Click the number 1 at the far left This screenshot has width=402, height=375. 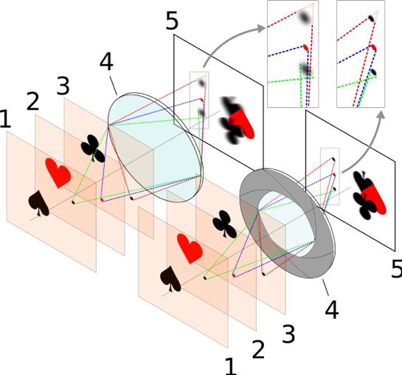coord(5,119)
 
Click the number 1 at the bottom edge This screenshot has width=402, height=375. coord(231,366)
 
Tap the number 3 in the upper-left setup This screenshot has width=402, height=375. coord(63,86)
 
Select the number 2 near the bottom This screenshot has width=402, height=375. coord(258,349)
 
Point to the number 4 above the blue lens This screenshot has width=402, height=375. coord(106,62)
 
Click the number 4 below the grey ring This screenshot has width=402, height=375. coord(332,309)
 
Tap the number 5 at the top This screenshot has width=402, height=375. coord(172,21)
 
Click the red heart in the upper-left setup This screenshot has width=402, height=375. coord(58,173)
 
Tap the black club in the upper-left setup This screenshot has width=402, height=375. coord(93,148)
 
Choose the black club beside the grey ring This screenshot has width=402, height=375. coord(224,224)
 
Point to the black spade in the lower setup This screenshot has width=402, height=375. coord(170,279)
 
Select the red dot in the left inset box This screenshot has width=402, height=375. coord(305,48)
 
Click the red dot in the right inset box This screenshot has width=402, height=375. coord(373,48)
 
